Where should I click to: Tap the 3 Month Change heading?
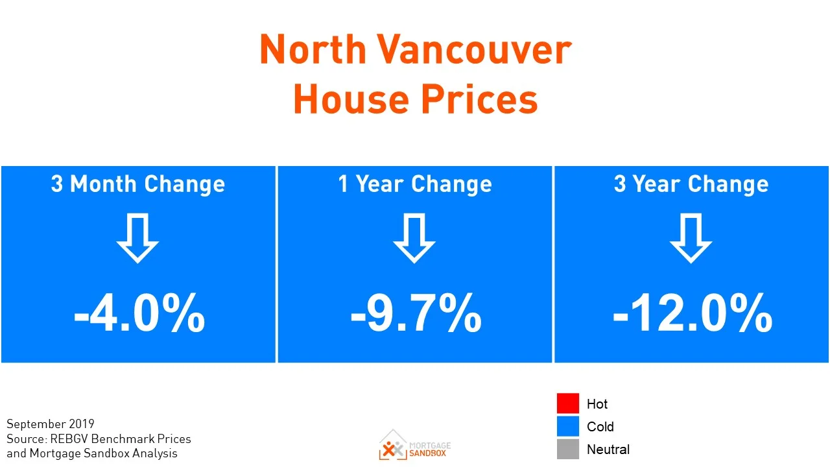click(138, 184)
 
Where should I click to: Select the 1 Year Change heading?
click(415, 184)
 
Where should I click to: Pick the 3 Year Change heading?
click(691, 184)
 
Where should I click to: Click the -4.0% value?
click(139, 313)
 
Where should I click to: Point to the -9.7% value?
click(416, 313)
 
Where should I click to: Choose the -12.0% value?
click(692, 313)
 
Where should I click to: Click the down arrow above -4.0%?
click(137, 239)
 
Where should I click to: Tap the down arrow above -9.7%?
click(414, 239)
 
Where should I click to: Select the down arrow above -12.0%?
click(691, 239)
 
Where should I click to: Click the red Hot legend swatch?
click(567, 403)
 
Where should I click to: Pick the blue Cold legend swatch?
click(567, 426)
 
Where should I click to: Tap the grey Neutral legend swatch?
click(567, 449)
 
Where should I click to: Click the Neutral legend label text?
click(608, 449)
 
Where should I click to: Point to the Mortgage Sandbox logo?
click(415, 445)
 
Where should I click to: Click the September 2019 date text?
click(51, 424)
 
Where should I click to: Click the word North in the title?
click(314, 49)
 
